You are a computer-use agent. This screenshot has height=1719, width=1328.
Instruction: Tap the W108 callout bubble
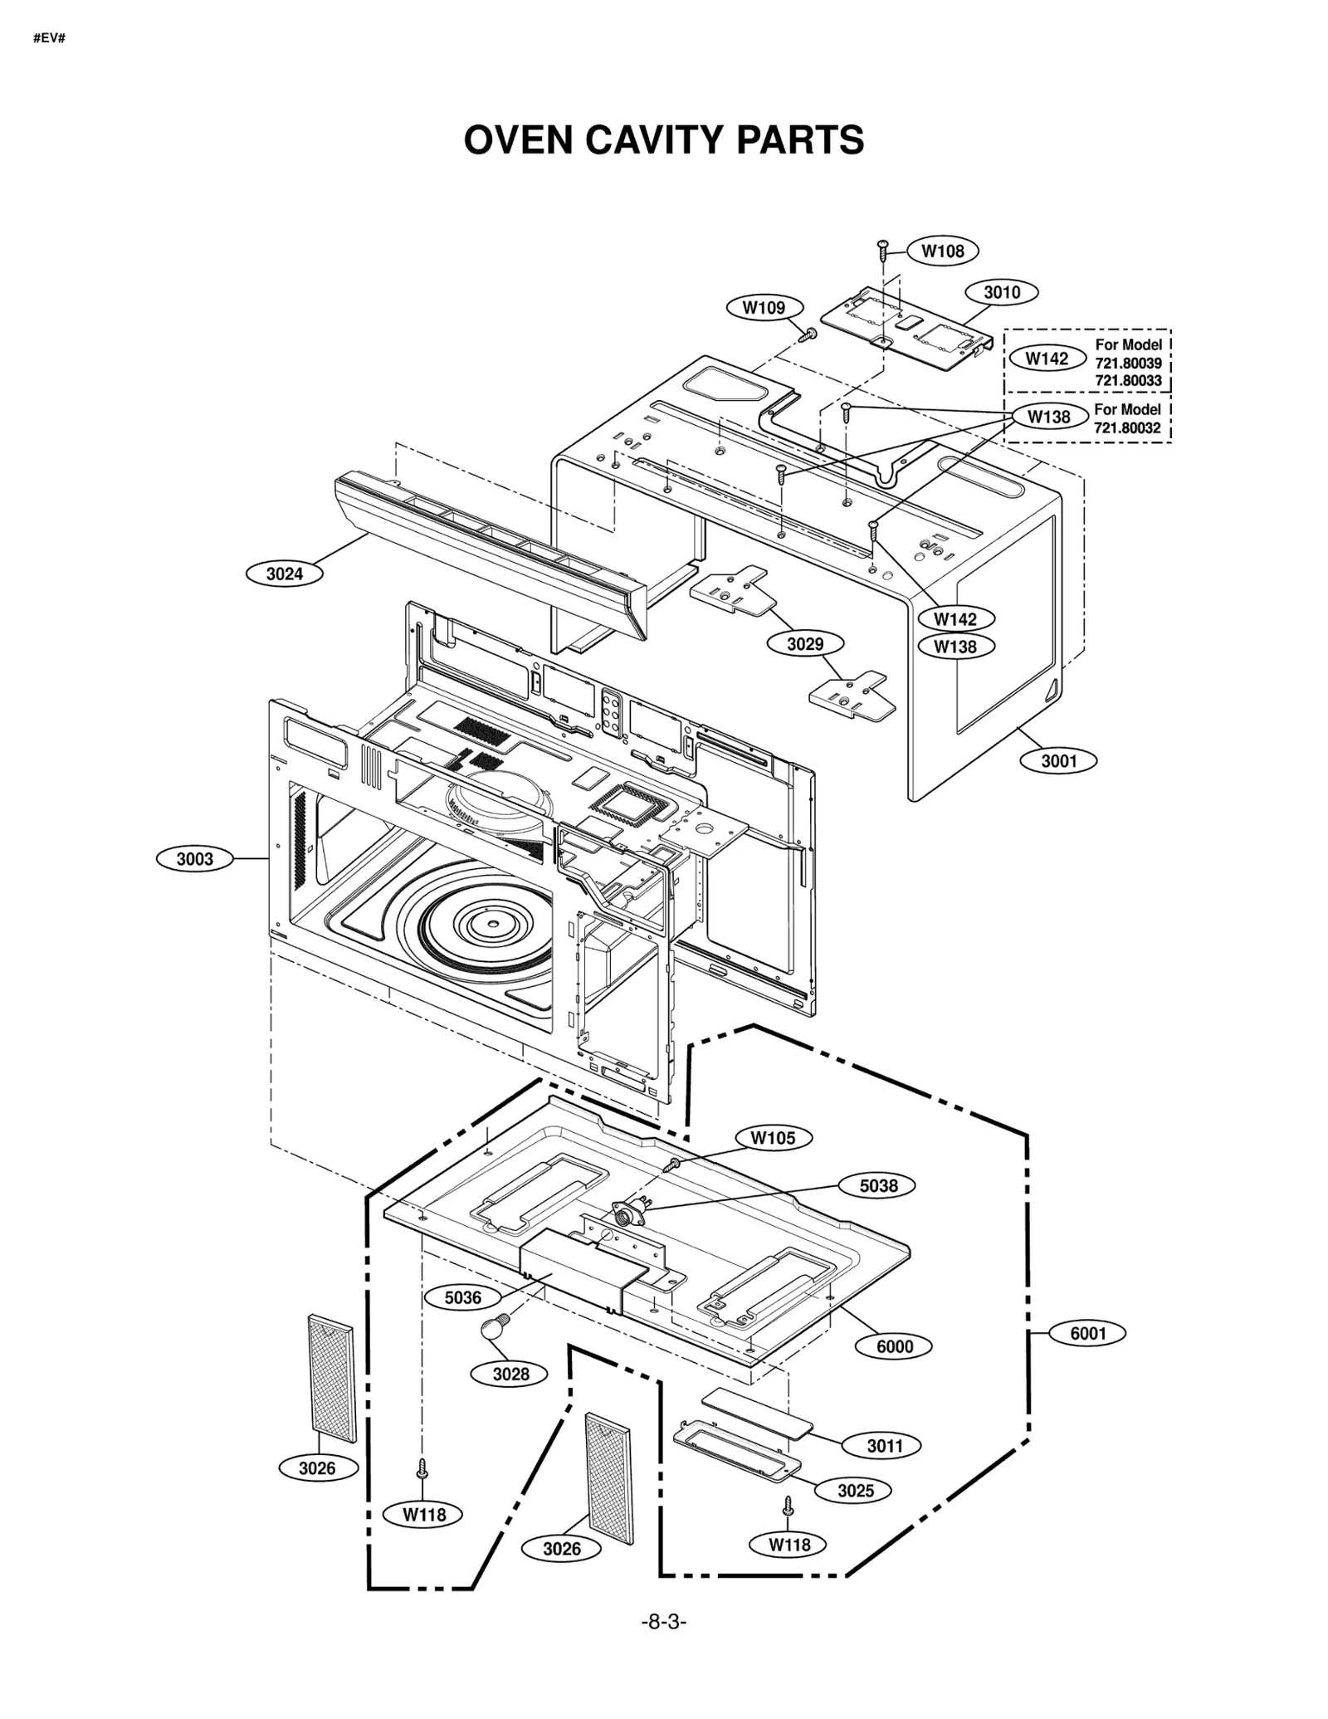(943, 251)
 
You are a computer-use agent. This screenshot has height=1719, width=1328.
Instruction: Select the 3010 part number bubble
(1002, 292)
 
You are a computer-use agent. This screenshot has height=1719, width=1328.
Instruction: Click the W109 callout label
(764, 308)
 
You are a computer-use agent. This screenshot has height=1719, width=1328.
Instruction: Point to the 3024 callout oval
(285, 574)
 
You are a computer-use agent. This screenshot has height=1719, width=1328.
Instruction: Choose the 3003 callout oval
(195, 859)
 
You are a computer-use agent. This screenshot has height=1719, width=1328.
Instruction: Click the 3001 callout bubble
(1059, 760)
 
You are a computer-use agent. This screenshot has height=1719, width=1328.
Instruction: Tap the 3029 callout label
(805, 643)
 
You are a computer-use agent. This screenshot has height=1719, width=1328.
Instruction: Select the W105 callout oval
(773, 1138)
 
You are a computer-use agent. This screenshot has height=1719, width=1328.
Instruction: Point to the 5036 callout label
(462, 1297)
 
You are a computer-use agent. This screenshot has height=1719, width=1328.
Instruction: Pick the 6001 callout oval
(1088, 1333)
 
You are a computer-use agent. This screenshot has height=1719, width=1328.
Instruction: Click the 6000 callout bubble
(895, 1346)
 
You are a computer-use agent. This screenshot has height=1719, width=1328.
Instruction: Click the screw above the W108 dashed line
(883, 247)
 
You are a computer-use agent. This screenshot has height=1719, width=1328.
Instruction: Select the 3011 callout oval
(885, 1446)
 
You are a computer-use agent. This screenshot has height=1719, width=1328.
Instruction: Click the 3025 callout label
(855, 1491)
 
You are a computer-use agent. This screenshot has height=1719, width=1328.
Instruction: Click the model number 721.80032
(1127, 428)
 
